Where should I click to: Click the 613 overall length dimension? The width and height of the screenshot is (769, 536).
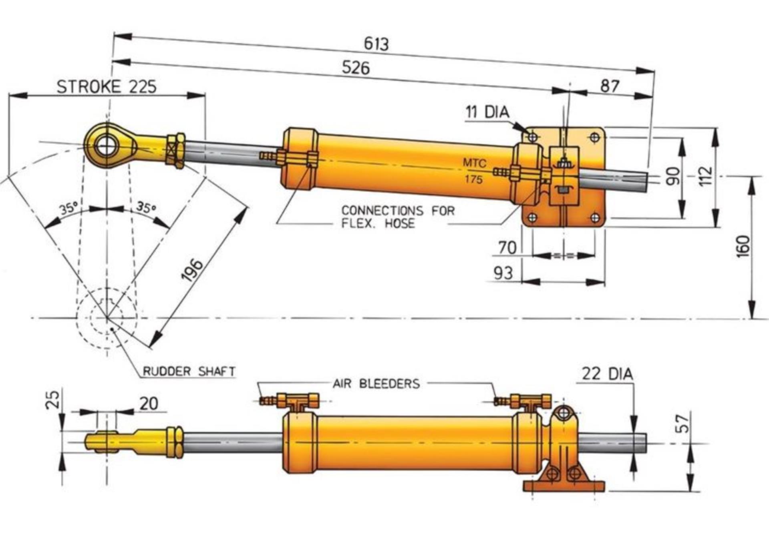pos(376,44)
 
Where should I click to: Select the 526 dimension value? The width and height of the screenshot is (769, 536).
pos(356,68)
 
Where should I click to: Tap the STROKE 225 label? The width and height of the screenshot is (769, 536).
pos(107,87)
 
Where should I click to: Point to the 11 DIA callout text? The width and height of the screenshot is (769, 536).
pos(487,112)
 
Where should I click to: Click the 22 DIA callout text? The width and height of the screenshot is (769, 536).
pos(607,374)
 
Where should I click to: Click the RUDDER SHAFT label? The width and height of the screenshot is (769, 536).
pos(189,371)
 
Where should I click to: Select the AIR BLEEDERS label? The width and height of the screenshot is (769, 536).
pos(376,384)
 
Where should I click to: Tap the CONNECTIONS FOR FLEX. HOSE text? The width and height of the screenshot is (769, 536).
pos(398,217)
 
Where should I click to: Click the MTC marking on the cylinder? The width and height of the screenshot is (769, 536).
pos(475,163)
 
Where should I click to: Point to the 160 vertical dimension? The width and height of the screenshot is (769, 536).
pos(743,247)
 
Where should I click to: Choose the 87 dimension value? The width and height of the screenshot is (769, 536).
pos(610,86)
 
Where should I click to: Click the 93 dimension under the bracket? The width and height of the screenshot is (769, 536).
pos(503,273)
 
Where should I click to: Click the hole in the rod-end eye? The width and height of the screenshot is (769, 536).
pos(107,146)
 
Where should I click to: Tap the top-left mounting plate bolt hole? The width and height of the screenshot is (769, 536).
pos(533,138)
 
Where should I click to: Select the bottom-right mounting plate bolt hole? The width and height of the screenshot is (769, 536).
pos(595,218)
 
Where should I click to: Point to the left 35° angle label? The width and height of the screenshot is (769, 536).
pos(68,209)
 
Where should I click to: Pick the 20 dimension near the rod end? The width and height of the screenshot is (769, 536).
pos(149,404)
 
